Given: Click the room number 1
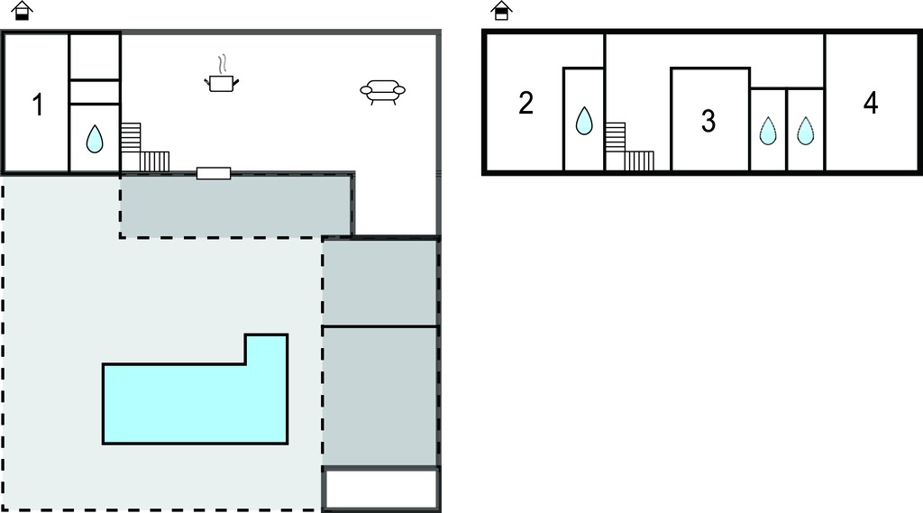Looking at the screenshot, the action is coord(38,105).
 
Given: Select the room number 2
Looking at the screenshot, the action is coord(525,103).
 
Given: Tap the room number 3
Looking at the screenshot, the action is coord(708,121).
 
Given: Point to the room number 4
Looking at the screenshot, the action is coord(871,103).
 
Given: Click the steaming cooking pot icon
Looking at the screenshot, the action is coord(222,75).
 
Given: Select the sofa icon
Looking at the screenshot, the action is coord(382,92).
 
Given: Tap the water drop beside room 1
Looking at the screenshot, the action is coord(94,140).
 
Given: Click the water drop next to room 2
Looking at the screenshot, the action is coord(584,120).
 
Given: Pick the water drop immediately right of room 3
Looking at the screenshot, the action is coord(768,131).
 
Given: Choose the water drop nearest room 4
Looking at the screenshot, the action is coord(805,131).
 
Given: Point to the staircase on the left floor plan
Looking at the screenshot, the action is coord(145,148).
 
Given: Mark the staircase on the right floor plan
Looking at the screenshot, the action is coord(629,147).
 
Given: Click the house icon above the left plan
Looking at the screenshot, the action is coord(22,11).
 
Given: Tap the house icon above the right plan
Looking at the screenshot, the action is coord(501,11).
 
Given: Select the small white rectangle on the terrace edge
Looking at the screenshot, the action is coord(213,173).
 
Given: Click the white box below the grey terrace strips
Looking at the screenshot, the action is coord(381,489).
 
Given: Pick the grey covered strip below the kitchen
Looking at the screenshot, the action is coord(236,206).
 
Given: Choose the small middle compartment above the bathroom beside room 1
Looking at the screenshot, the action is coord(95,92).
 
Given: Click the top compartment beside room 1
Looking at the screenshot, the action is coord(95,57).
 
